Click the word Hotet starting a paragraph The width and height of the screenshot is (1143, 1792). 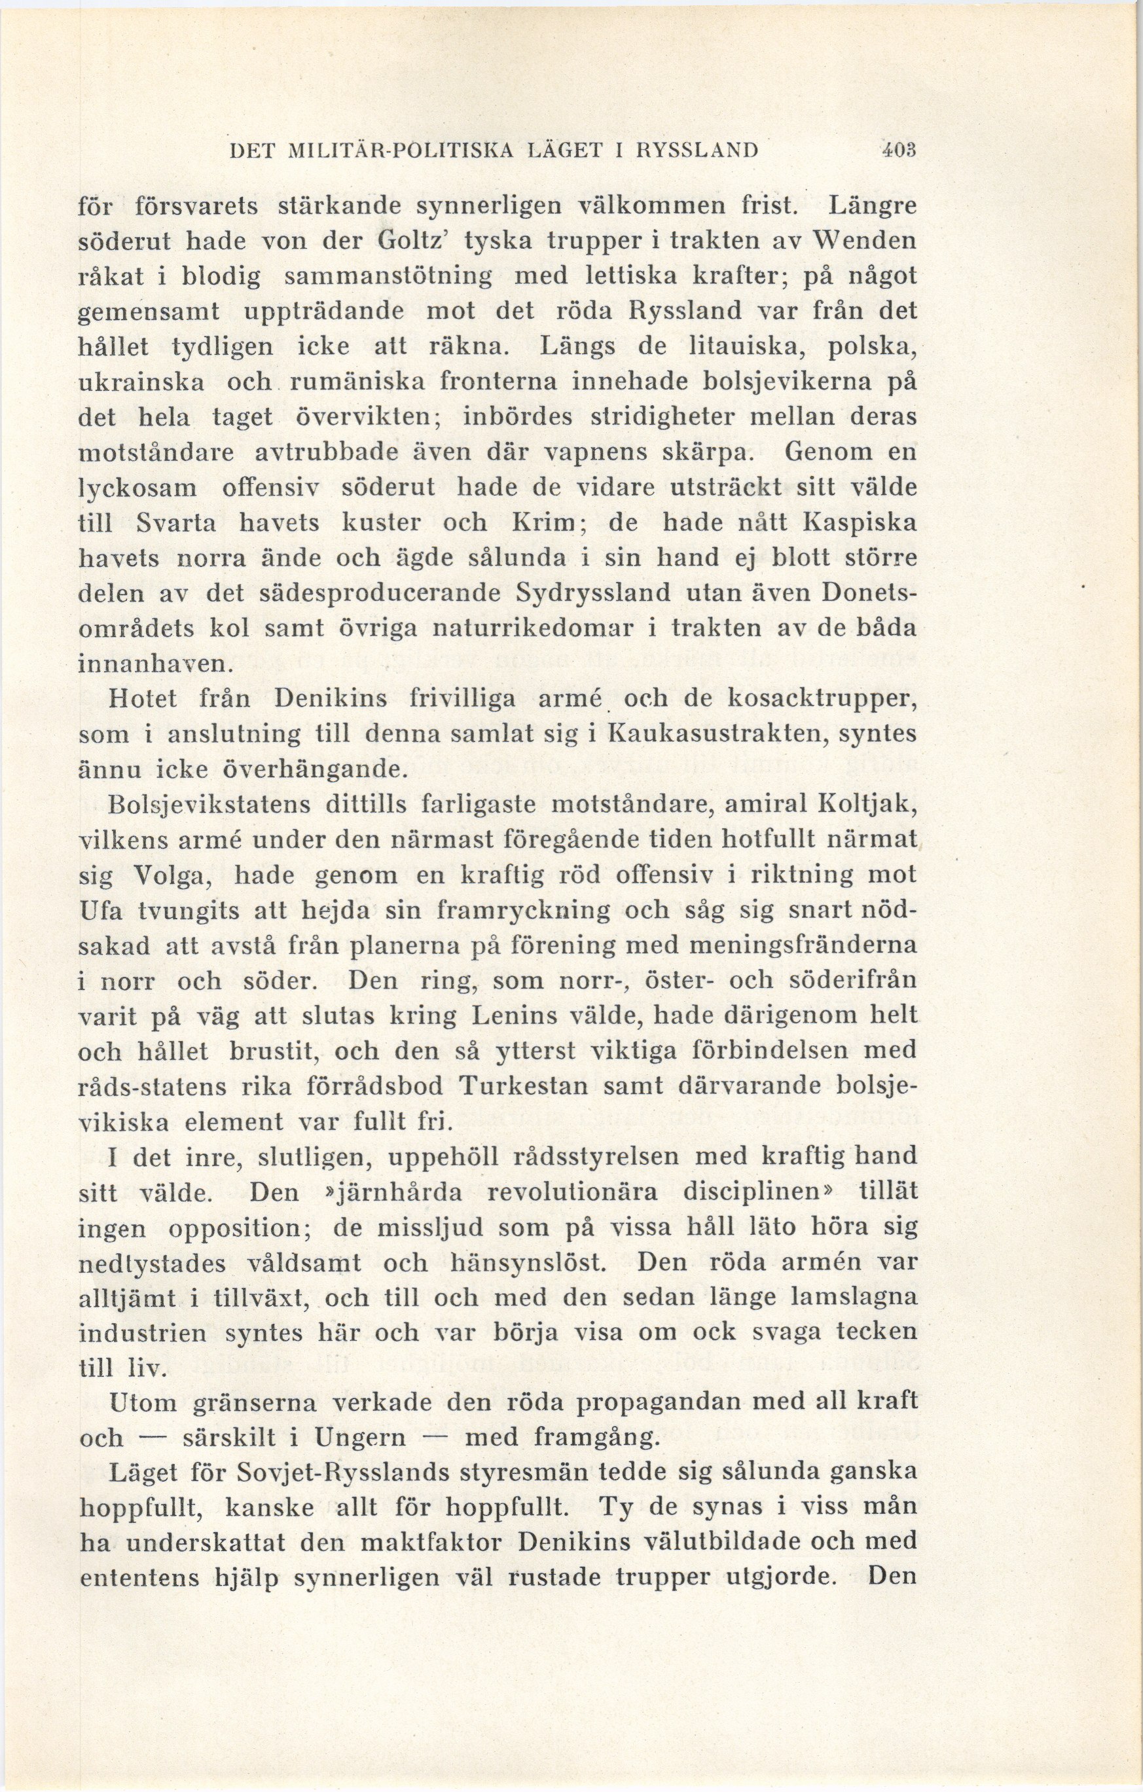(x=143, y=699)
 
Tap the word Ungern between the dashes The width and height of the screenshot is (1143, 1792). (x=360, y=1436)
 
